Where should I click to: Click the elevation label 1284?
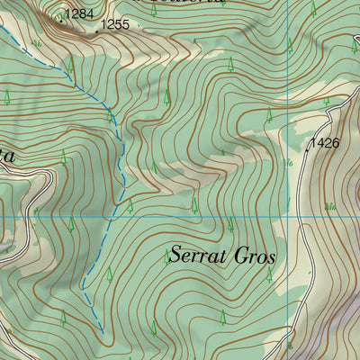[x=80, y=13]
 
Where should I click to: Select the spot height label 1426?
[x=324, y=143]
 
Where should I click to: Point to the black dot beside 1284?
[x=62, y=17]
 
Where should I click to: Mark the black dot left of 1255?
[x=97, y=31]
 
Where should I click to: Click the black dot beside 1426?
[x=306, y=150]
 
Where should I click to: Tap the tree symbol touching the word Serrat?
[x=167, y=256]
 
